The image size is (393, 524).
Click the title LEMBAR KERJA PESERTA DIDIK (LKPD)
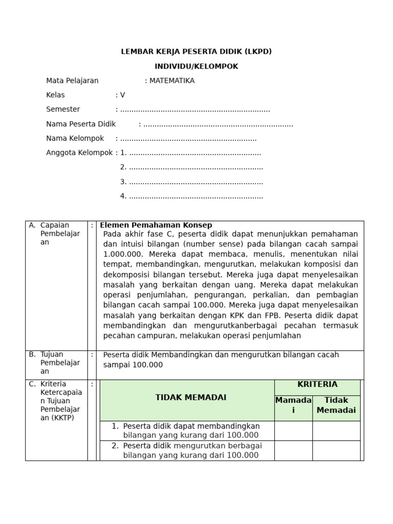tap(196, 52)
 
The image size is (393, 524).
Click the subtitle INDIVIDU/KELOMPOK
tap(196, 67)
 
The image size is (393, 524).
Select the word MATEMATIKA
tap(172, 81)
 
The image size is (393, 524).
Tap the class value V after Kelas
tap(122, 95)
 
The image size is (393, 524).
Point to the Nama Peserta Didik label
tap(81, 124)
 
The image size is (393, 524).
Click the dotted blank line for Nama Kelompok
tap(188, 139)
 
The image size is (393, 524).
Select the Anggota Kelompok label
tap(79, 152)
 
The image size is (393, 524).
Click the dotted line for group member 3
tap(196, 182)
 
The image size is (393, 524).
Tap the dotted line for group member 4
tap(196, 196)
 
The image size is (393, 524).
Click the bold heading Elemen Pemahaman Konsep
tap(156, 225)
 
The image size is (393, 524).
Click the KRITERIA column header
tap(317, 384)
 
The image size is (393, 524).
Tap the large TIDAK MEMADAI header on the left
tap(191, 398)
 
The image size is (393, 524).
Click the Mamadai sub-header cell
tap(293, 405)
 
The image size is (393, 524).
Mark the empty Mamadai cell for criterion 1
tap(293, 431)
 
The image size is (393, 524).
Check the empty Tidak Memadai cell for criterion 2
tap(336, 450)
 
